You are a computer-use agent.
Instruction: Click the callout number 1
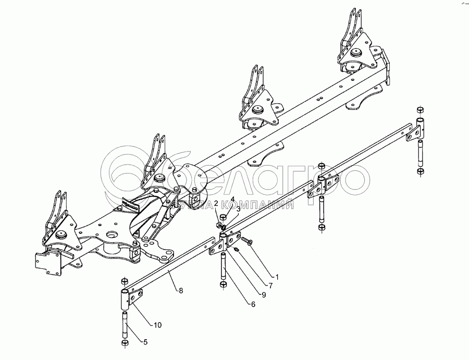pyautogui.click(x=277, y=277)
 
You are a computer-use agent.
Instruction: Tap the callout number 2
pyautogui.click(x=216, y=203)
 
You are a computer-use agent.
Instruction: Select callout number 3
pyautogui.click(x=238, y=209)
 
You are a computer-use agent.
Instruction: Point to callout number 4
pyautogui.click(x=233, y=199)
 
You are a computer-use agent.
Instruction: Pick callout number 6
pyautogui.click(x=253, y=304)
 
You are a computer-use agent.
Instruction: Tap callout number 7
pyautogui.click(x=270, y=286)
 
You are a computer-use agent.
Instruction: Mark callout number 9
pyautogui.click(x=263, y=295)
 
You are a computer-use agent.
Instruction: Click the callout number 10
pyautogui.click(x=157, y=325)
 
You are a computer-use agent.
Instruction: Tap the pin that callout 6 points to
pyautogui.click(x=223, y=266)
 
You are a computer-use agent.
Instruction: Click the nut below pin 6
pyautogui.click(x=223, y=286)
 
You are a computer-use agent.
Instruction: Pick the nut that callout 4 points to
pyautogui.click(x=223, y=217)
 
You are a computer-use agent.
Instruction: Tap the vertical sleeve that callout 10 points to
pyautogui.click(x=125, y=299)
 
